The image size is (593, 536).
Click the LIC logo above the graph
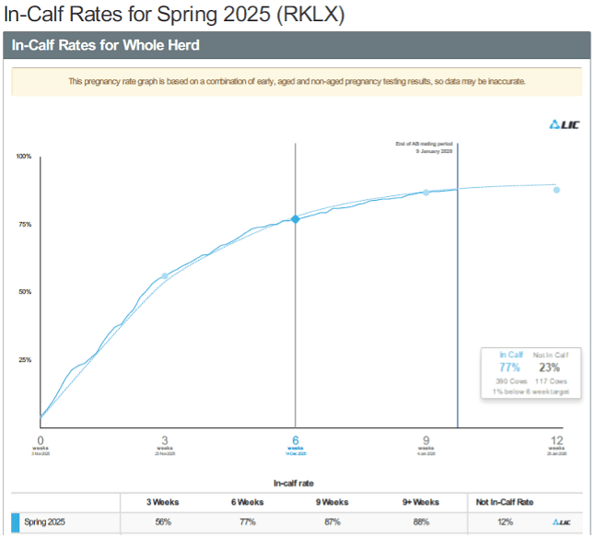564,126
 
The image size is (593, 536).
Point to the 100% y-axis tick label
24,157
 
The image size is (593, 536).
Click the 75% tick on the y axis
25,225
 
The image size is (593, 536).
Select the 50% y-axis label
25,292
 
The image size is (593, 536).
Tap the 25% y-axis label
25,360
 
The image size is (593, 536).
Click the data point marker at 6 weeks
296,218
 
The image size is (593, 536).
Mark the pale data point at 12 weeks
556,190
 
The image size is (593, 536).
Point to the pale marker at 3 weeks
165,276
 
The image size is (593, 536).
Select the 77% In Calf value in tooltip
509,367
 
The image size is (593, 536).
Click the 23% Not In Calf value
550,367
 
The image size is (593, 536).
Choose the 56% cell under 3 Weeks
162,522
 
